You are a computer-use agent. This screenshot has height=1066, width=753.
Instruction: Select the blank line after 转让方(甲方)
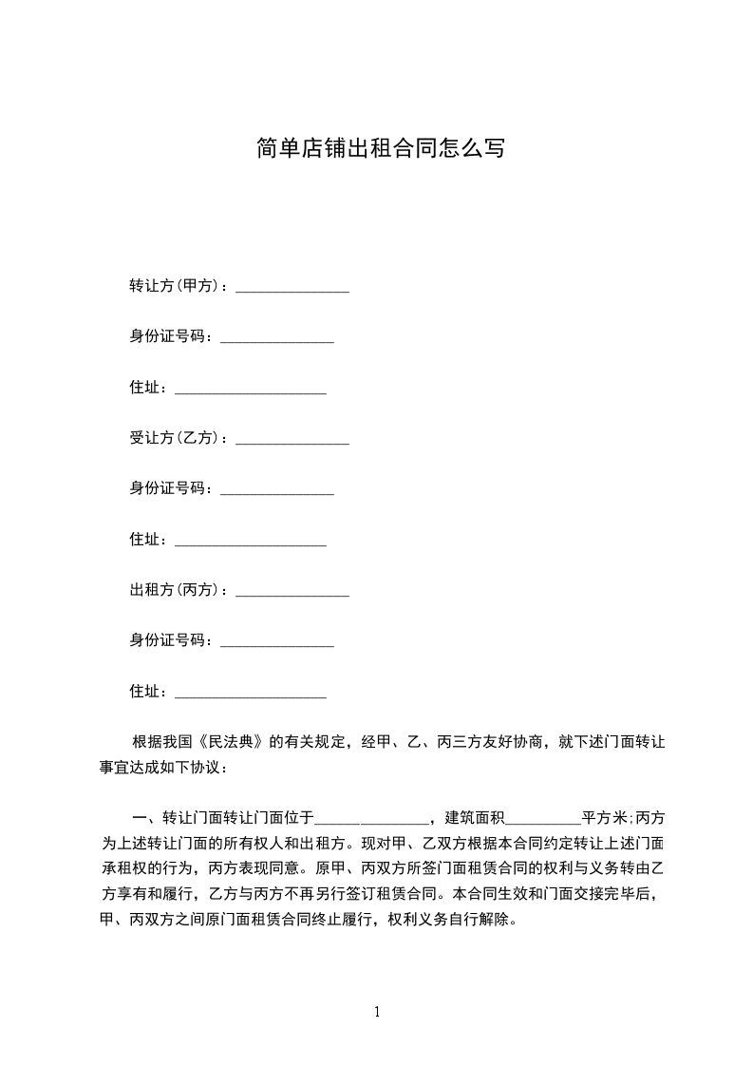pyautogui.click(x=292, y=288)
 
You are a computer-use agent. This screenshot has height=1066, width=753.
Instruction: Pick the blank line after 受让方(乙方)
pyautogui.click(x=292, y=441)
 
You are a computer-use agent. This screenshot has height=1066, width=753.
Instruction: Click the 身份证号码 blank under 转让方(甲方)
pyautogui.click(x=277, y=339)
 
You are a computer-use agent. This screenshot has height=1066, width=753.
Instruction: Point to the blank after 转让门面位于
pyautogui.click(x=372, y=820)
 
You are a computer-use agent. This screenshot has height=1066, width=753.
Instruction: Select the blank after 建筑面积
pyautogui.click(x=545, y=820)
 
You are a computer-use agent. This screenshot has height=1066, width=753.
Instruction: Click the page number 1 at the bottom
pyautogui.click(x=377, y=1012)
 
